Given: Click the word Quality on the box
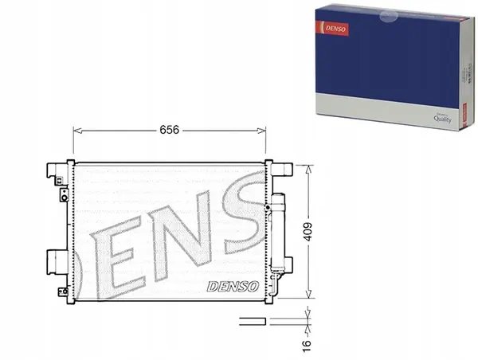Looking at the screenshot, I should click(x=443, y=117).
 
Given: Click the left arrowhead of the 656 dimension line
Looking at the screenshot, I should click(x=76, y=129).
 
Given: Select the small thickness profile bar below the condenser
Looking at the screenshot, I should click(x=251, y=321).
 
